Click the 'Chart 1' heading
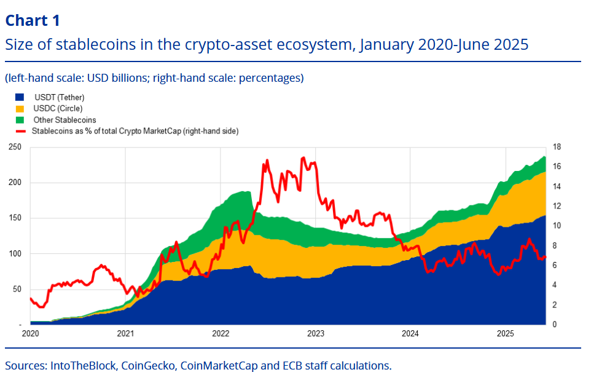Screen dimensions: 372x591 pyautogui.click(x=33, y=20)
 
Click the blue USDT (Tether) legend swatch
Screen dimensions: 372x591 pyautogui.click(x=20, y=97)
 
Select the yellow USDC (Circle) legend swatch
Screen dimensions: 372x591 pyautogui.click(x=20, y=108)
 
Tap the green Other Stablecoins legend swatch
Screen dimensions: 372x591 pyautogui.click(x=20, y=119)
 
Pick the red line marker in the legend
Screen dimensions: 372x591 pyautogui.click(x=20, y=131)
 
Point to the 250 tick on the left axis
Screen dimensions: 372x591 pyautogui.click(x=14, y=147)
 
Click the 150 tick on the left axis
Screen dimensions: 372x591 pyautogui.click(x=14, y=218)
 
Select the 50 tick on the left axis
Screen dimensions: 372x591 pyautogui.click(x=16, y=289)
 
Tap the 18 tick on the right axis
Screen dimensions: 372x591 pyautogui.click(x=556, y=147)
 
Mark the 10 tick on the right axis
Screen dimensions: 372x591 pyautogui.click(x=556, y=226)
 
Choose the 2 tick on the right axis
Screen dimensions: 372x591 pyautogui.click(x=554, y=305)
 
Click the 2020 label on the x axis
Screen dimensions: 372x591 pyautogui.click(x=30, y=334)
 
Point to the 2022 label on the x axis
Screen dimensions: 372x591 pyautogui.click(x=220, y=334)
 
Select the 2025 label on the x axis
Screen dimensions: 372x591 pyautogui.click(x=505, y=334)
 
